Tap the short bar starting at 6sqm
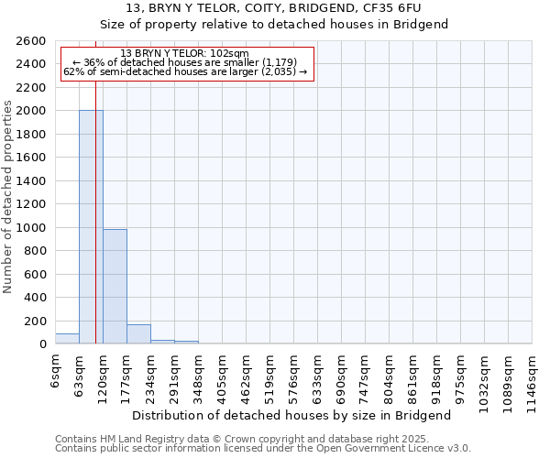[x=67, y=339]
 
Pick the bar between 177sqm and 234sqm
[x=138, y=334]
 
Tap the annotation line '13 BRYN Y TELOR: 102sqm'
[x=184, y=54]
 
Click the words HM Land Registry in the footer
[x=136, y=440]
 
